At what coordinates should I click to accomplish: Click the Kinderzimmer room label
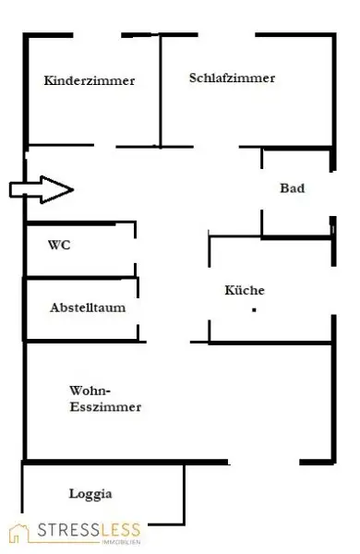(89, 81)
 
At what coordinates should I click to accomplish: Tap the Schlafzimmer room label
(232, 78)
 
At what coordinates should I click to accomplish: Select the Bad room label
(293, 188)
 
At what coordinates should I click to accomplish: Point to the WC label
(59, 246)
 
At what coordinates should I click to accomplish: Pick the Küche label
(245, 290)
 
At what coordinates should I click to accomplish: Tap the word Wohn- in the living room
(90, 390)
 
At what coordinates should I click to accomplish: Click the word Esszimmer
(104, 406)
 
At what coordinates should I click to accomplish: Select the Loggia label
(90, 494)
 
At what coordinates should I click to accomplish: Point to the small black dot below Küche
(253, 310)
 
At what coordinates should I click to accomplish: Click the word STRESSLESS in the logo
(89, 529)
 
